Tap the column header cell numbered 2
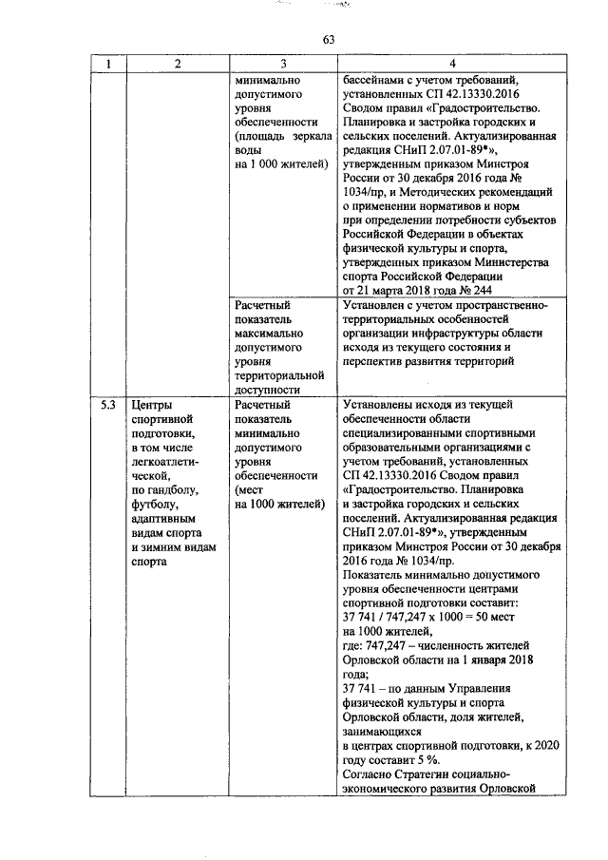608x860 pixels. coord(177,65)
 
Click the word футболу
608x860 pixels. coord(155,505)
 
